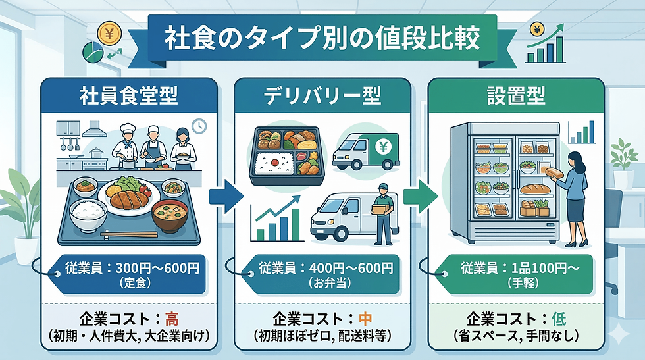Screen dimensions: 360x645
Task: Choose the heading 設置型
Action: (x=515, y=97)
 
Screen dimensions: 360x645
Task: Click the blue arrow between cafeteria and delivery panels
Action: (x=225, y=195)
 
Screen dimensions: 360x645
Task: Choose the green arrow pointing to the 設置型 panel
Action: (x=419, y=195)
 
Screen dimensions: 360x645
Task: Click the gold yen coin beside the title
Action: (x=107, y=32)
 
